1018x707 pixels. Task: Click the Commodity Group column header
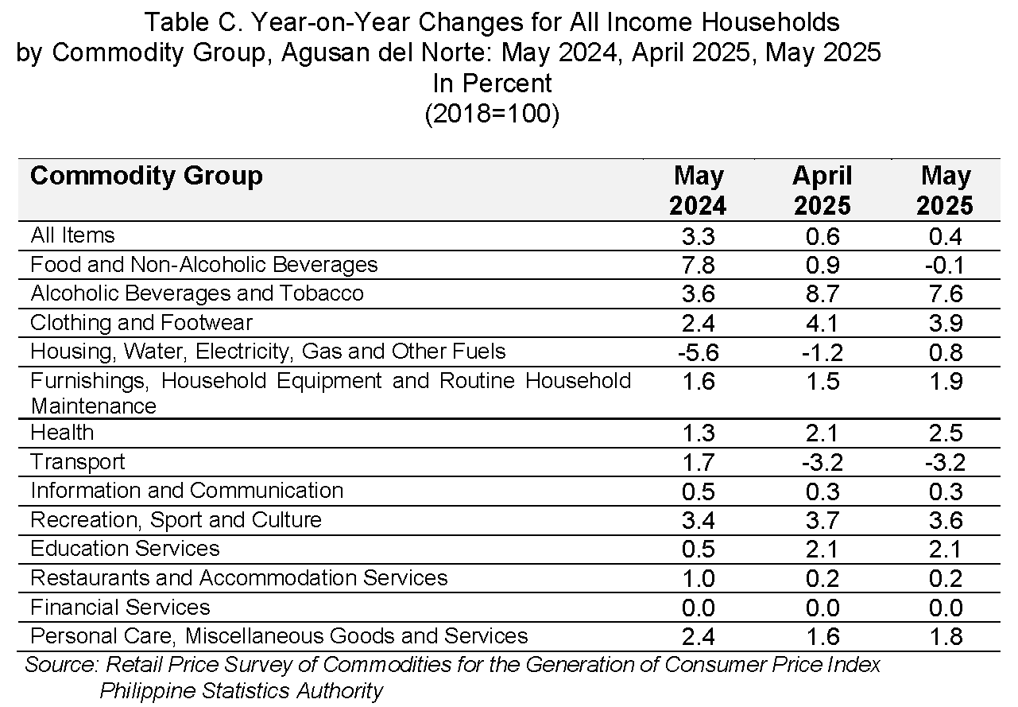[146, 176]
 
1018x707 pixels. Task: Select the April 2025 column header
[823, 190]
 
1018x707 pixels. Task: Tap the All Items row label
[72, 235]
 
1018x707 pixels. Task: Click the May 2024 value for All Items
[698, 237]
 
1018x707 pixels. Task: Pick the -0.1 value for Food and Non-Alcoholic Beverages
[945, 266]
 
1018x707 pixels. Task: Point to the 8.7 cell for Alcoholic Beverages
[823, 294]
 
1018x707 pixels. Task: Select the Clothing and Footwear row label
[141, 323]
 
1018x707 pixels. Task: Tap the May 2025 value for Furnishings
[946, 381]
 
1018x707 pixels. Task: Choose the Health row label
[62, 433]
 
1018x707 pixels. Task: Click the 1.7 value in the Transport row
[698, 462]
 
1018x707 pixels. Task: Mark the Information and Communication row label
[186, 491]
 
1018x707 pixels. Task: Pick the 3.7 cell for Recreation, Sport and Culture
[823, 520]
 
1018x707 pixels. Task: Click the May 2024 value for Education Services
[698, 550]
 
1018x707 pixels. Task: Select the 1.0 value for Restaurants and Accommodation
[698, 578]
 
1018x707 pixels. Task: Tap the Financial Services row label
[120, 607]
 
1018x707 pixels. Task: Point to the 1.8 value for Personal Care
[946, 636]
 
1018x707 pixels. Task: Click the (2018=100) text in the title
[492, 114]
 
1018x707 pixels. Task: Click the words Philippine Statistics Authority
[242, 691]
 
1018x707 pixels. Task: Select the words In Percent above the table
[492, 84]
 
